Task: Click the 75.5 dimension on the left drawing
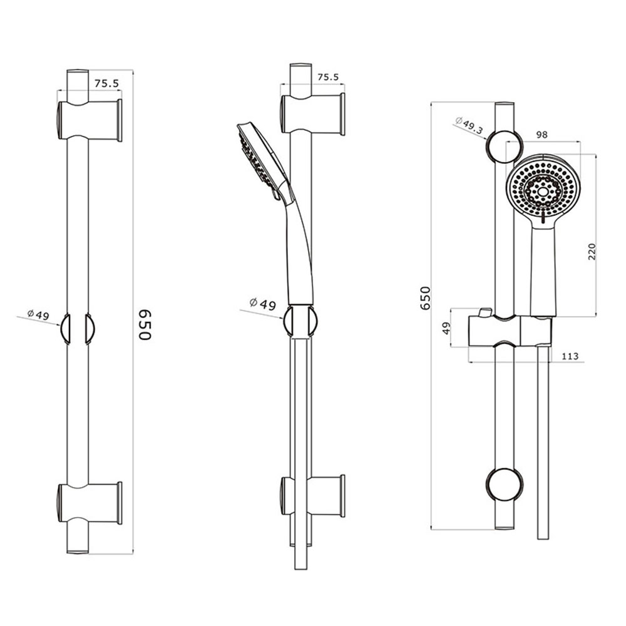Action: (106, 83)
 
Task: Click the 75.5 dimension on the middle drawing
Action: (328, 77)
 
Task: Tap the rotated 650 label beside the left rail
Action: (145, 324)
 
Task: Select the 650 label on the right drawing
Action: (425, 298)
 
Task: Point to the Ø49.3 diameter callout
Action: (469, 125)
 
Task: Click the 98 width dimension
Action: (541, 135)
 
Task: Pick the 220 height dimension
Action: (592, 252)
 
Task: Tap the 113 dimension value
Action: (570, 356)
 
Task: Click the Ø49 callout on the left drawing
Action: (38, 314)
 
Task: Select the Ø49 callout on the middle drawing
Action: (262, 304)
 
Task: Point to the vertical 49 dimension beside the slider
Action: (447, 328)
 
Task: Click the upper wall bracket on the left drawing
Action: (90, 120)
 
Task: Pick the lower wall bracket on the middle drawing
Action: (312, 496)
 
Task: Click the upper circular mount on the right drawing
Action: (504, 146)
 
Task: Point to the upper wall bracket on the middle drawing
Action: (312, 114)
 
